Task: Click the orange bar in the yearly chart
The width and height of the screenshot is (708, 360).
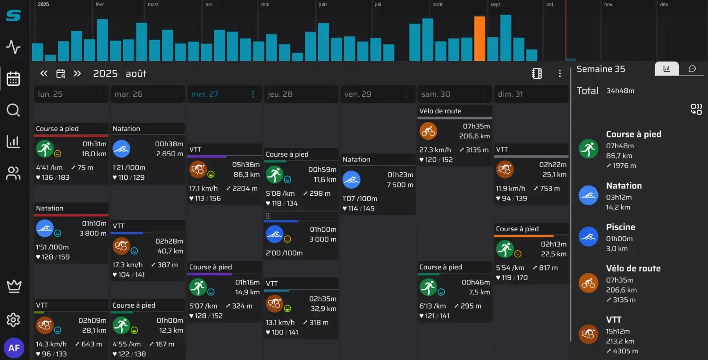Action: (x=480, y=38)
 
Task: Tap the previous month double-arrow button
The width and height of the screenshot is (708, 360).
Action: (x=44, y=74)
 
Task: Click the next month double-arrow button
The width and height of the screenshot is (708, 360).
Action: (x=77, y=74)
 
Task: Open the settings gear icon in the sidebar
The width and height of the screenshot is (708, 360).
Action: (x=13, y=320)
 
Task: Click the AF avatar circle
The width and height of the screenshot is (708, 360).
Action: (x=14, y=348)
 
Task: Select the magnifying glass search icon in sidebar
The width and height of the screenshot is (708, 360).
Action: (x=13, y=110)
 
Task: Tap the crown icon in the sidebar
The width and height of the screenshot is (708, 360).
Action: (x=14, y=286)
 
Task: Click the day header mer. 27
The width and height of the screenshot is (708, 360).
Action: (x=205, y=94)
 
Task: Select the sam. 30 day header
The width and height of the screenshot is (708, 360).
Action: (x=436, y=94)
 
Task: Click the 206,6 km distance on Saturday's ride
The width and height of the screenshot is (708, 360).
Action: (x=474, y=136)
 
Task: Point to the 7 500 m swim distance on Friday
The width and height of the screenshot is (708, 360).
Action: (x=400, y=184)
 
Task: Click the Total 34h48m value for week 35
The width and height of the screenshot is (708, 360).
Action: (x=620, y=91)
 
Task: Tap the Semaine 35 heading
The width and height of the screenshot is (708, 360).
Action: (x=601, y=69)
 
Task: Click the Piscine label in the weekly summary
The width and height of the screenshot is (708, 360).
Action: (x=621, y=227)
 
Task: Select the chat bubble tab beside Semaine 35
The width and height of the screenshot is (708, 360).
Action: (x=692, y=68)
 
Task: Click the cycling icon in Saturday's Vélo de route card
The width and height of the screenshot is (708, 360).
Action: (x=428, y=131)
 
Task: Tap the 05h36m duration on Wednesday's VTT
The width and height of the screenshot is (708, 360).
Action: (x=246, y=165)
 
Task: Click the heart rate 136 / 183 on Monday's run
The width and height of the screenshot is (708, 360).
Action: (x=53, y=177)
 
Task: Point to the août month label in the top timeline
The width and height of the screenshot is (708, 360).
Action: (x=438, y=4)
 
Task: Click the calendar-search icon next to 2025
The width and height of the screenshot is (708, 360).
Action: (x=61, y=74)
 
